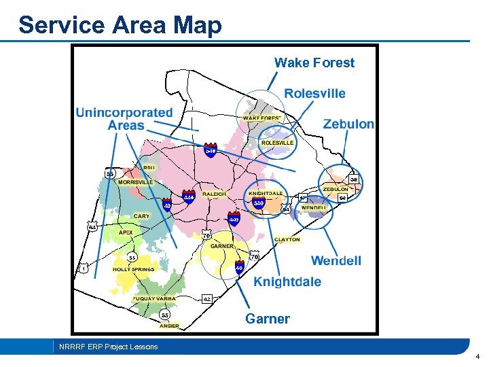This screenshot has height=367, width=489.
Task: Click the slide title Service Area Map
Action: coord(120,25)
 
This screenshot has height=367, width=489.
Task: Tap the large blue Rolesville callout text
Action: coord(314,93)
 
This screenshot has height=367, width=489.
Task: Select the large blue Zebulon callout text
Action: coord(348,124)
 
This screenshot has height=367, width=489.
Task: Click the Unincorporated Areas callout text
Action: coord(124,119)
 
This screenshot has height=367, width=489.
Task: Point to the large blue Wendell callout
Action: coord(336,260)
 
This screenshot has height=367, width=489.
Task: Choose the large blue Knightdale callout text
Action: coord(287,281)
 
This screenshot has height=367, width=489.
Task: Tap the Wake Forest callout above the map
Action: coord(314,63)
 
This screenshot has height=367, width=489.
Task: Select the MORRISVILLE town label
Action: coord(136,182)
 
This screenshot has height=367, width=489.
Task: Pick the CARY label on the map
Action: coord(141,216)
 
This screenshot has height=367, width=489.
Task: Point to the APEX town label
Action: coord(126,232)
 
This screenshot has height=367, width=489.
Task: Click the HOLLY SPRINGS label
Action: coord(134,269)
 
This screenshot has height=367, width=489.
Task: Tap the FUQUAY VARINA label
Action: coord(154,298)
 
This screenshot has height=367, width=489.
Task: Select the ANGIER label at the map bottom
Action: coord(170,326)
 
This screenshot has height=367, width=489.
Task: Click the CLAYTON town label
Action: coord(287,239)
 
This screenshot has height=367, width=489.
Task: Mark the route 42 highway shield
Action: coord(207,298)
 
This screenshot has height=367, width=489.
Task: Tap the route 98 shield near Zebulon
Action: coord(354,179)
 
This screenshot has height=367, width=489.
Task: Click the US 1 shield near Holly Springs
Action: coord(84,268)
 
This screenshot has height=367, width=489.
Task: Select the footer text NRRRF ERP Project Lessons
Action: coord(108,347)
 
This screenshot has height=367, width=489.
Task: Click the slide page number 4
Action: coord(477,355)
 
